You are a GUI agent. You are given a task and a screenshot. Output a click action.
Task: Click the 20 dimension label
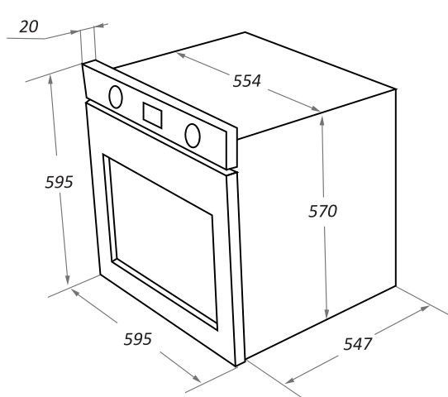29,26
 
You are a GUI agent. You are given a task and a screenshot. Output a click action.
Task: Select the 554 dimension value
247,81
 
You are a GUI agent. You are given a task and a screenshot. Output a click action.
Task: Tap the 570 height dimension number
323,211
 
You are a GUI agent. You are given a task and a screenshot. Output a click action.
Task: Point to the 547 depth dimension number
357,344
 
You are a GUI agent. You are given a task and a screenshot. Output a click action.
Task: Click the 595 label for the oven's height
60,182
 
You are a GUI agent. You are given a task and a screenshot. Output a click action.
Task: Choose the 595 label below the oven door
138,339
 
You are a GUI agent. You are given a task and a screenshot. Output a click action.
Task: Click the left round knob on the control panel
116,97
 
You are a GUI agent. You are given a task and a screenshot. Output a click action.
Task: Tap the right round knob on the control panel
193,136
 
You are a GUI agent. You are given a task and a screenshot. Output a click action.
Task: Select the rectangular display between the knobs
153,116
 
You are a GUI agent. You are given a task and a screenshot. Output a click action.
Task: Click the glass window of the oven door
163,239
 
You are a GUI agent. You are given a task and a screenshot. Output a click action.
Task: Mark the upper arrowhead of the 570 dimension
322,122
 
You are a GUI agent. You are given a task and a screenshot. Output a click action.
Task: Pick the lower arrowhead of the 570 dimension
326,313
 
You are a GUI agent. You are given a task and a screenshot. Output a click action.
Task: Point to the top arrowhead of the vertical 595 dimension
50,79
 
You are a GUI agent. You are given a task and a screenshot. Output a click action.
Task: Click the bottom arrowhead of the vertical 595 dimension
67,280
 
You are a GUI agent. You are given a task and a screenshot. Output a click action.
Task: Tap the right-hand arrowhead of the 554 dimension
316,108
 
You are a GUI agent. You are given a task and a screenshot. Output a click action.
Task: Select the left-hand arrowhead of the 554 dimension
181,55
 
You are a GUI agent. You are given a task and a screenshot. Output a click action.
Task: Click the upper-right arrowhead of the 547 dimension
425,308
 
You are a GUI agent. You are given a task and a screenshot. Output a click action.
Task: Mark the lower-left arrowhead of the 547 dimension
290,380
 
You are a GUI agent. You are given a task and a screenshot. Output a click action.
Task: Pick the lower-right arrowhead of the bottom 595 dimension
196,379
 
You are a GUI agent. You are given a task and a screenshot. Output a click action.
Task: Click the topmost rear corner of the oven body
245,32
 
